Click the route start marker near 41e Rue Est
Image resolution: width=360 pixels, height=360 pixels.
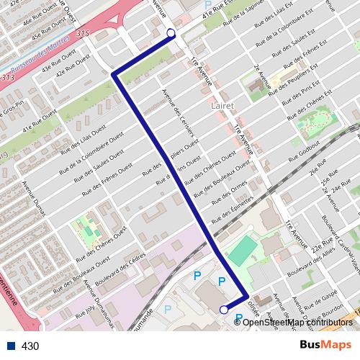[x=171, y=33]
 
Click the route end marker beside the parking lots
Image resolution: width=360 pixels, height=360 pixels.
[x=223, y=310]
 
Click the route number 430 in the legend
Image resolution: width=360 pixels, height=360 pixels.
[x=30, y=346]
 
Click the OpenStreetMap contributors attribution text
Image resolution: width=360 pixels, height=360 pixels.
[x=297, y=322]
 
